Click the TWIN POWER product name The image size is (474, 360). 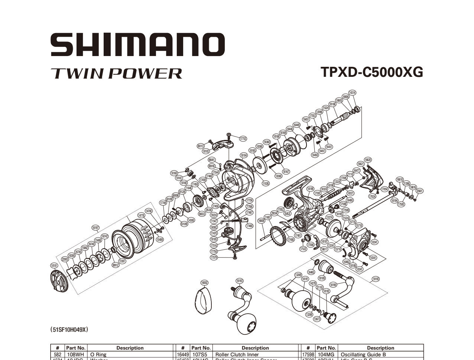[x=116, y=73]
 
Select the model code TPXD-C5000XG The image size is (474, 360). [x=372, y=72]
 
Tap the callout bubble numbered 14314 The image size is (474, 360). [x=352, y=92]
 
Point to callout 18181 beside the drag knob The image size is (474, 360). [x=54, y=265]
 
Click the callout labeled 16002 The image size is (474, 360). [x=204, y=282]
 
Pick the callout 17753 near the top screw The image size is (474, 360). [x=243, y=138]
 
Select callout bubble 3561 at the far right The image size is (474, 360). [x=419, y=191]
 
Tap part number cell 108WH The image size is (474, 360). [x=76, y=354]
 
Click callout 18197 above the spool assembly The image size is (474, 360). [x=95, y=228]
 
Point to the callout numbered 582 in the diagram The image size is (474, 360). [x=287, y=213]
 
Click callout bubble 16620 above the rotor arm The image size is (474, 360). [x=368, y=160]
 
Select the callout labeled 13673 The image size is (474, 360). [x=317, y=319]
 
